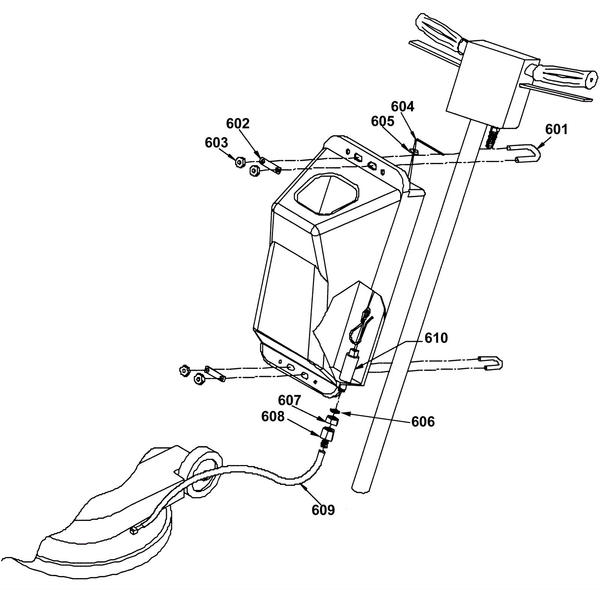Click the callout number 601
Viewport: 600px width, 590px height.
pyautogui.click(x=556, y=129)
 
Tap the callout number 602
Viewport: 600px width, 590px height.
pyautogui.click(x=238, y=123)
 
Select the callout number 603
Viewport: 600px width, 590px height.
pyautogui.click(x=216, y=143)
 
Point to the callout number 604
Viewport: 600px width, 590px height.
pyautogui.click(x=402, y=107)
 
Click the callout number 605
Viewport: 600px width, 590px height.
pyautogui.click(x=382, y=121)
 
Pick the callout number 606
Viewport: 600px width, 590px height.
pyautogui.click(x=423, y=421)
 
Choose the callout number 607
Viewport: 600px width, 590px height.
pyautogui.click(x=289, y=400)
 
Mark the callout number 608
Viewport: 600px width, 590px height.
pyautogui.click(x=273, y=416)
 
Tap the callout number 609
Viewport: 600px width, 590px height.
pyautogui.click(x=323, y=510)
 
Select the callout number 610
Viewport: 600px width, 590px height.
pyautogui.click(x=436, y=338)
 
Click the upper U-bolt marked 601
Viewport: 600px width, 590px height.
pyautogui.click(x=529, y=154)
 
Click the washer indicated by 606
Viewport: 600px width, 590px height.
pyautogui.click(x=335, y=410)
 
